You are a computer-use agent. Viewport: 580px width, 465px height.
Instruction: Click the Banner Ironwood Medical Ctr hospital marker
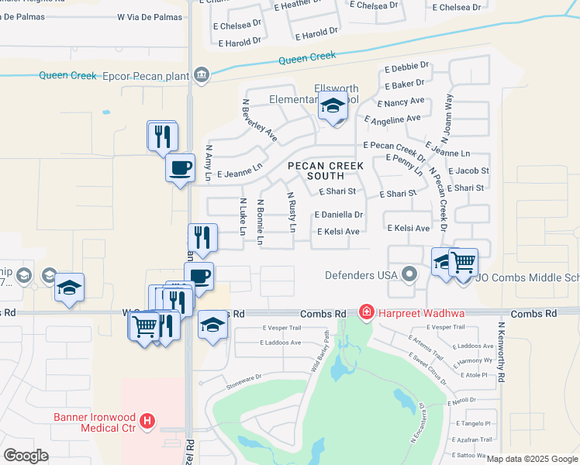tap(147, 422)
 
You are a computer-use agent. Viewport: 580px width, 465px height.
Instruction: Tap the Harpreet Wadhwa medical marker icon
tap(365, 312)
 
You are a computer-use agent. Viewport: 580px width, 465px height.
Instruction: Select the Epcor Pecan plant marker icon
tap(202, 74)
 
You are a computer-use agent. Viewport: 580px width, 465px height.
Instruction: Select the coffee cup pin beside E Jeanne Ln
tap(180, 167)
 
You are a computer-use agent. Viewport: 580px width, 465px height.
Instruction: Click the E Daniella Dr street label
tap(338, 214)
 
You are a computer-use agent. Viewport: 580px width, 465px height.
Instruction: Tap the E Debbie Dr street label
tap(406, 69)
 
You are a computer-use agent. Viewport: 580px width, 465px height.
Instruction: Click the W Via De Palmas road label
tap(150, 16)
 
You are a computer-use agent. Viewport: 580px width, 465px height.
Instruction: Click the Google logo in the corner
tap(26, 456)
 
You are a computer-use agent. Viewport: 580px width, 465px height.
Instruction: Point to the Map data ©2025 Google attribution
tap(532, 459)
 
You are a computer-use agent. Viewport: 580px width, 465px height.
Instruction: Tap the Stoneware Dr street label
tap(244, 380)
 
